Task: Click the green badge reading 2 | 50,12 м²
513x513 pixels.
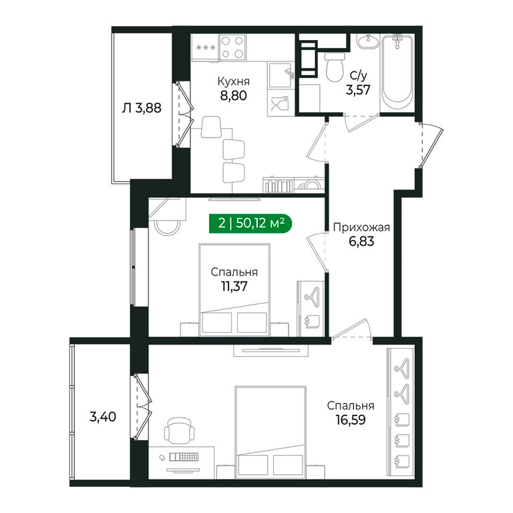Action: (250, 224)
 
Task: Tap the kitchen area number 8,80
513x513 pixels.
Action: (233, 96)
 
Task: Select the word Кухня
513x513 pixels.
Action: (233, 81)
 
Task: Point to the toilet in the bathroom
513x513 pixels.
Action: (335, 67)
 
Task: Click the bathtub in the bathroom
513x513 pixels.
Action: (397, 73)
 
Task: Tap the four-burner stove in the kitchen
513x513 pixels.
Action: (232, 47)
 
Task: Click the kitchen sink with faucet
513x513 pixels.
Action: (281, 75)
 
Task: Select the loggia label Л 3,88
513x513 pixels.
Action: (142, 108)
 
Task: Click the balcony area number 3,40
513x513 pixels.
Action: (103, 417)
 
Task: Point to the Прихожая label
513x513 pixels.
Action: (361, 227)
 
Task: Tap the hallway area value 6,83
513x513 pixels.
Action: (361, 241)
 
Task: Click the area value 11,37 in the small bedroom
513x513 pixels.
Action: (234, 287)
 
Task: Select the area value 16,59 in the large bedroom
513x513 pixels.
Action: (351, 419)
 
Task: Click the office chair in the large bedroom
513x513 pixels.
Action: (179, 430)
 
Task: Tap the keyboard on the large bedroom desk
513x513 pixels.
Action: (184, 457)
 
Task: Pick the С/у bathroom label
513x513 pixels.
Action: (359, 75)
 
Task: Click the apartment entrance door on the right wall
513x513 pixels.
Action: (432, 144)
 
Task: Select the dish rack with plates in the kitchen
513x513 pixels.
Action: (278, 185)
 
